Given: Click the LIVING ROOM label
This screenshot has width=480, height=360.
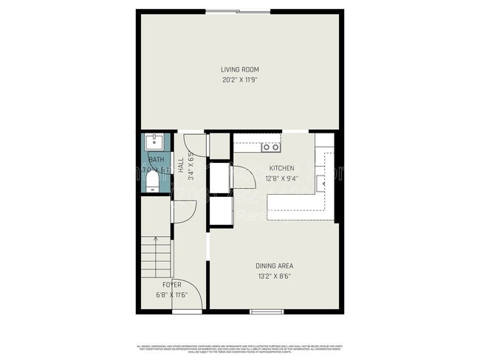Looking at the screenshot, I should pos(239,69).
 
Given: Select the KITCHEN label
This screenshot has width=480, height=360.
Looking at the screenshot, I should pos(281,168).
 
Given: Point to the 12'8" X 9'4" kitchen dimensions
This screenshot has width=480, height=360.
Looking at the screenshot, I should pos(281,177).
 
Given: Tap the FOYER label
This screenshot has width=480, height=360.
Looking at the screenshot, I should pos(171,284).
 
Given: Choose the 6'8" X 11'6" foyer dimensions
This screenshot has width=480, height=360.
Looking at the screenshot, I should pos(171,294).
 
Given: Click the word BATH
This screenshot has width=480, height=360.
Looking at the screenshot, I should pos(156,160).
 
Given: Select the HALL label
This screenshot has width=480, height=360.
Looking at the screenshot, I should pos(180,163).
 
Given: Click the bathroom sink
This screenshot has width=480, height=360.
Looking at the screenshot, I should pos(156,141).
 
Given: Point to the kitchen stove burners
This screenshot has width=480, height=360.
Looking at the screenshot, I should pos(267,147).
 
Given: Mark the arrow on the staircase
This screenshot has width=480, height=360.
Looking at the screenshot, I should pos(157,240).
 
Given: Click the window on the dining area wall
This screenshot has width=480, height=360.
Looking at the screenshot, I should pos(262,311).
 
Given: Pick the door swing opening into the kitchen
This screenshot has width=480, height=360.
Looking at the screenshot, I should pos(240,178).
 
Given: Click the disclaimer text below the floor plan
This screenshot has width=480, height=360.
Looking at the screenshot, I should pos(239,347).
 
